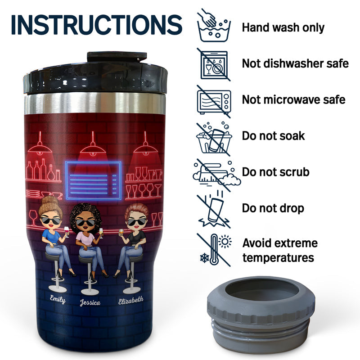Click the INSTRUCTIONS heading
point(97,25)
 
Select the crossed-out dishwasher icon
point(214,65)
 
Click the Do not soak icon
point(214,138)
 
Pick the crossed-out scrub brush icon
point(216,175)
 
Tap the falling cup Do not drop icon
point(214,210)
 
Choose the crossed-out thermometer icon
point(214,250)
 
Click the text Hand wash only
point(283,27)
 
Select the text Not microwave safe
point(294,99)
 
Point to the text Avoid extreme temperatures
point(280,250)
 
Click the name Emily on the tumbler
point(58,299)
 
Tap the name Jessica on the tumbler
point(90,302)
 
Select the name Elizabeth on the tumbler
point(131,300)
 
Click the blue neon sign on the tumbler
point(93,180)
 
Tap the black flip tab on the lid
point(117,57)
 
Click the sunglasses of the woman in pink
point(85,222)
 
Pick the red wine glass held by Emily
point(67,231)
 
